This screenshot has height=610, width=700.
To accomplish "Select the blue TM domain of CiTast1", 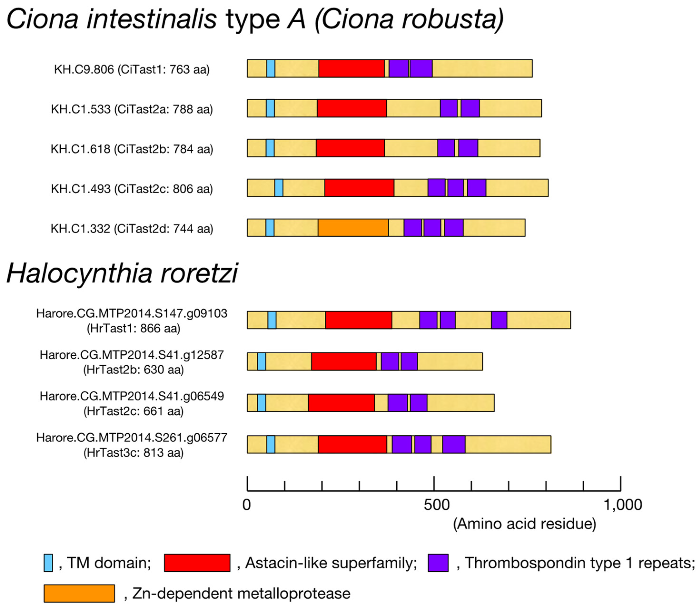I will tap(271, 68).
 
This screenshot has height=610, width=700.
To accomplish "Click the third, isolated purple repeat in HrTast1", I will tap(499, 320).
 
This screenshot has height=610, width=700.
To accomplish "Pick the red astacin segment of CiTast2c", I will tap(359, 188).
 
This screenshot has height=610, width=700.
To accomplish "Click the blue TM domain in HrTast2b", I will tap(261, 361).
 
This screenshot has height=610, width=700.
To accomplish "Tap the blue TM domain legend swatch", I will tap(48, 563).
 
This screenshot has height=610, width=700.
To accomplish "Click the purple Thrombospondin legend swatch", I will tap(438, 563).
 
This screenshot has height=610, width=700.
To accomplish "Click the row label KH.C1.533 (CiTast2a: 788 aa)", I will tap(132, 109).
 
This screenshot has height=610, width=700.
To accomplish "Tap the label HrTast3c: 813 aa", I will tap(133, 452).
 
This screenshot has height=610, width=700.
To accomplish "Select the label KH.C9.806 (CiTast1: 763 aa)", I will tap(132, 69).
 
